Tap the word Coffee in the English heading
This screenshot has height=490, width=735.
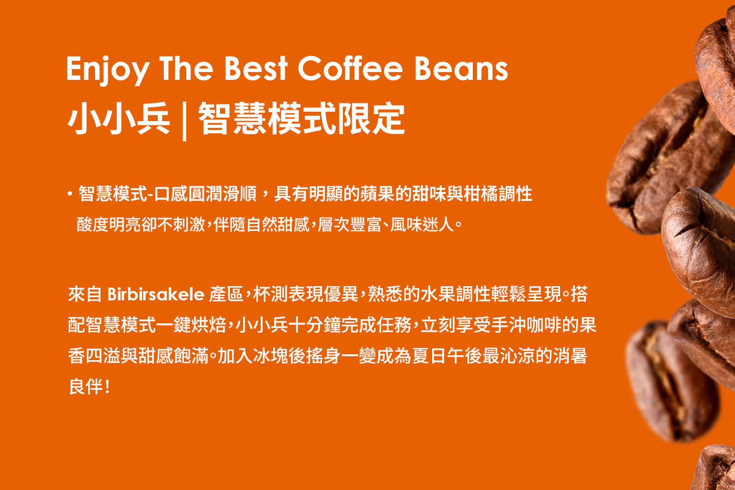tap(350, 68)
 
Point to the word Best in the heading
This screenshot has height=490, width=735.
tap(256, 68)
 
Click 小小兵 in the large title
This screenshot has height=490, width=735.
tap(119, 119)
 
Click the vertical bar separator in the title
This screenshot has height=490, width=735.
tap(184, 121)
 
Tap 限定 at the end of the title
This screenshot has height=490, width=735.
tap(371, 119)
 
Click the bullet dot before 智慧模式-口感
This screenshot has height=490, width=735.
tap(70, 194)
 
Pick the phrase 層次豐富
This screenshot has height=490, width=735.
tap(349, 225)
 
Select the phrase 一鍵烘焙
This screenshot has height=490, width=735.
tap(191, 325)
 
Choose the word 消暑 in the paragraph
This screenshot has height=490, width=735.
tap(570, 356)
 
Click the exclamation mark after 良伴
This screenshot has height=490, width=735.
tap(107, 387)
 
